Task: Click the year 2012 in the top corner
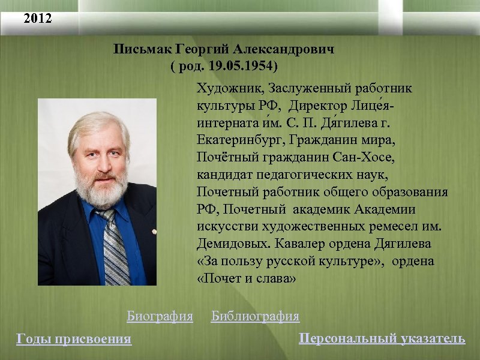click(x=38, y=19)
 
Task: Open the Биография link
click(x=160, y=316)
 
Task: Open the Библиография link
click(x=255, y=316)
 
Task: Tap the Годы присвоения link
click(x=74, y=339)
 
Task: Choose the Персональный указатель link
click(x=382, y=338)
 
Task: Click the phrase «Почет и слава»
click(x=246, y=280)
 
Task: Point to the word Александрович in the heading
click(x=284, y=49)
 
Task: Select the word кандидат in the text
click(x=226, y=175)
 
